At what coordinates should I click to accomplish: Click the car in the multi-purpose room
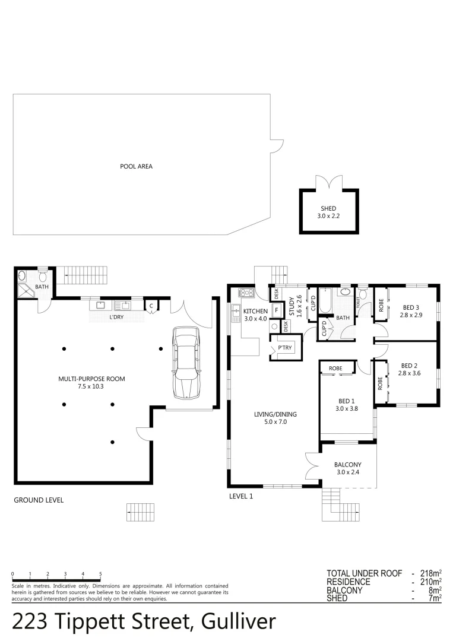point(186,364)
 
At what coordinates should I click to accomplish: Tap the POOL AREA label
point(136,167)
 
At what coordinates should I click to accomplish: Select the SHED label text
point(328,209)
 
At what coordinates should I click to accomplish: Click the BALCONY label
point(347,465)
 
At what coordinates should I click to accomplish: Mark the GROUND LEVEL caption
point(39,500)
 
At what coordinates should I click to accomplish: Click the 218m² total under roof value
point(429,573)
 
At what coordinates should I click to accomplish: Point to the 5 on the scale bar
point(100,574)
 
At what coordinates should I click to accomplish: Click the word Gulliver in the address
point(239,621)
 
